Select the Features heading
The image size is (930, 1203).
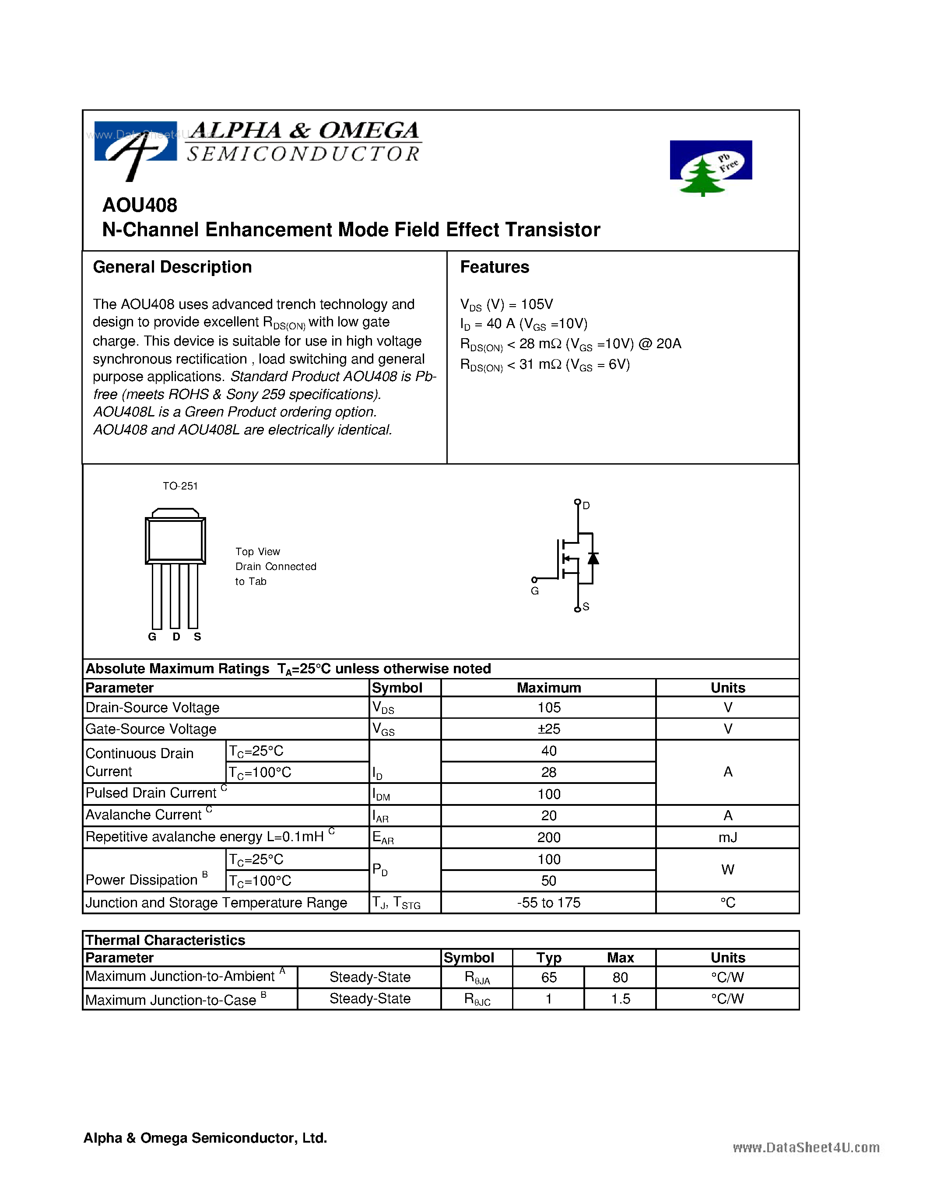point(494,267)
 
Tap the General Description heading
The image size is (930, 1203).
point(172,267)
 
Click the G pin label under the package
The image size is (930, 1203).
point(152,637)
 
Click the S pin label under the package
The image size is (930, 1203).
point(197,637)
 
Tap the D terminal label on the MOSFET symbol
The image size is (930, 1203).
point(586,506)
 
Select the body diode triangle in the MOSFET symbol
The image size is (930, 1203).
point(593,558)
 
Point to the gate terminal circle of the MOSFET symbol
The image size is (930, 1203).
point(534,580)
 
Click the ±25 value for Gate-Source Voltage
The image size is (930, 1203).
point(549,729)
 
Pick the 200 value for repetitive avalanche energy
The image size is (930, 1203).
point(549,837)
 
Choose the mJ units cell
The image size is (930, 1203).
point(727,837)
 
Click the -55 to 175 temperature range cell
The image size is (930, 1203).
point(549,902)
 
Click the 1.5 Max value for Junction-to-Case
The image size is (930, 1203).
point(621,999)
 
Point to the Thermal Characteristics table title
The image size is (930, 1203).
point(165,940)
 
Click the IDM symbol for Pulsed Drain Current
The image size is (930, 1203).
point(381,794)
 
